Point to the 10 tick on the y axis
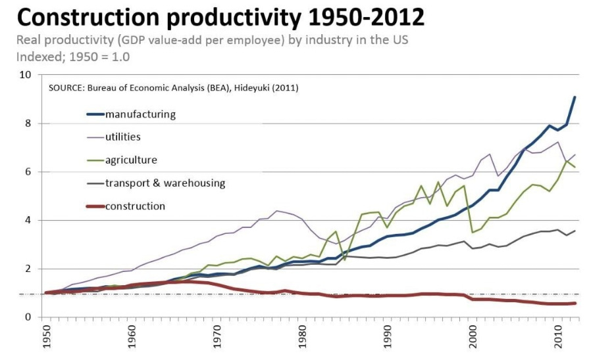[26, 75]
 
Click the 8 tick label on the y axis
[28, 124]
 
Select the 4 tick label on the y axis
[28, 221]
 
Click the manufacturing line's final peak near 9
[575, 97]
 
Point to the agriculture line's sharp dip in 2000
[472, 232]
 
